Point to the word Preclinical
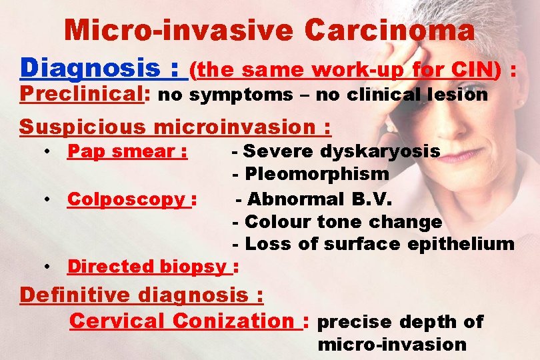click(82, 95)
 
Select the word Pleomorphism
click(317, 175)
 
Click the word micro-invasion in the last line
click(392, 345)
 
